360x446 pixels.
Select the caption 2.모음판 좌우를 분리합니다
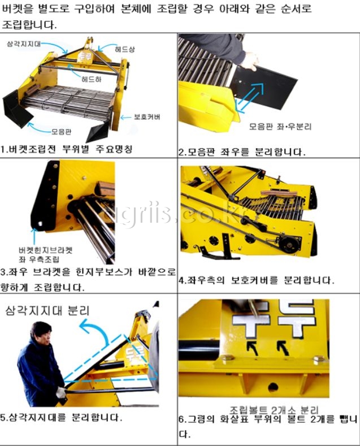pos(242,151)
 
